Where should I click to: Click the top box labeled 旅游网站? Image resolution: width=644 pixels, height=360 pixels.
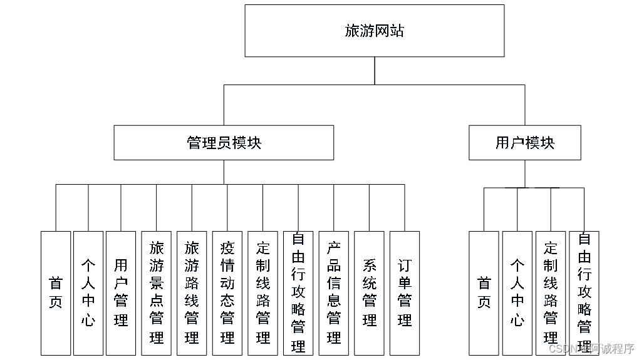pyautogui.click(x=374, y=31)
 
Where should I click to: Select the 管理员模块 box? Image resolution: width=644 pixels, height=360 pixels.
pyautogui.click(x=224, y=142)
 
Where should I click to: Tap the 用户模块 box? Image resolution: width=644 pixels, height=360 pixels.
pyautogui.click(x=525, y=142)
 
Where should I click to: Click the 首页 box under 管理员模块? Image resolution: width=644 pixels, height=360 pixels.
pyautogui.click(x=56, y=293)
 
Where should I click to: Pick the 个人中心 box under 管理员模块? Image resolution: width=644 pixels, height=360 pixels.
pyautogui.click(x=88, y=293)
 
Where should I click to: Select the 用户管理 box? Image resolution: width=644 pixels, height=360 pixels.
pyautogui.click(x=121, y=293)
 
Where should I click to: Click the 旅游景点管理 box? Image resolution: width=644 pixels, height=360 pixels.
pyautogui.click(x=156, y=293)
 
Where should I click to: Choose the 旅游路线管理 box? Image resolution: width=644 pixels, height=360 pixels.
pyautogui.click(x=192, y=293)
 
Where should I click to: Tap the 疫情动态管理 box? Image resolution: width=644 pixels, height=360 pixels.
pyautogui.click(x=227, y=293)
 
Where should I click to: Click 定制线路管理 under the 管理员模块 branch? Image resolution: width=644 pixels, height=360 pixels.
pyautogui.click(x=262, y=293)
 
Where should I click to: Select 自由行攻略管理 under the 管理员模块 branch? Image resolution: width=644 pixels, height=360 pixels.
pyautogui.click(x=298, y=293)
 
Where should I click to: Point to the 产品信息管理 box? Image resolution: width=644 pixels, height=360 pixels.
pyautogui.click(x=333, y=293)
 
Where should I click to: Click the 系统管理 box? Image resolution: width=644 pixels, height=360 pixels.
pyautogui.click(x=369, y=293)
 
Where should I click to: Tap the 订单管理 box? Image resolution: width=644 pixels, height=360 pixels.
pyautogui.click(x=405, y=293)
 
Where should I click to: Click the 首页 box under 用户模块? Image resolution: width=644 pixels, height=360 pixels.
pyautogui.click(x=484, y=293)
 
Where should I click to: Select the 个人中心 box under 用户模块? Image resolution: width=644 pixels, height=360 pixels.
pyautogui.click(x=517, y=293)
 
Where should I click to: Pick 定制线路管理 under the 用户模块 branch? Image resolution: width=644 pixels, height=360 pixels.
pyautogui.click(x=551, y=293)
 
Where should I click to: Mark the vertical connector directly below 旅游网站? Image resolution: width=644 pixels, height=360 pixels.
pyautogui.click(x=375, y=70)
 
